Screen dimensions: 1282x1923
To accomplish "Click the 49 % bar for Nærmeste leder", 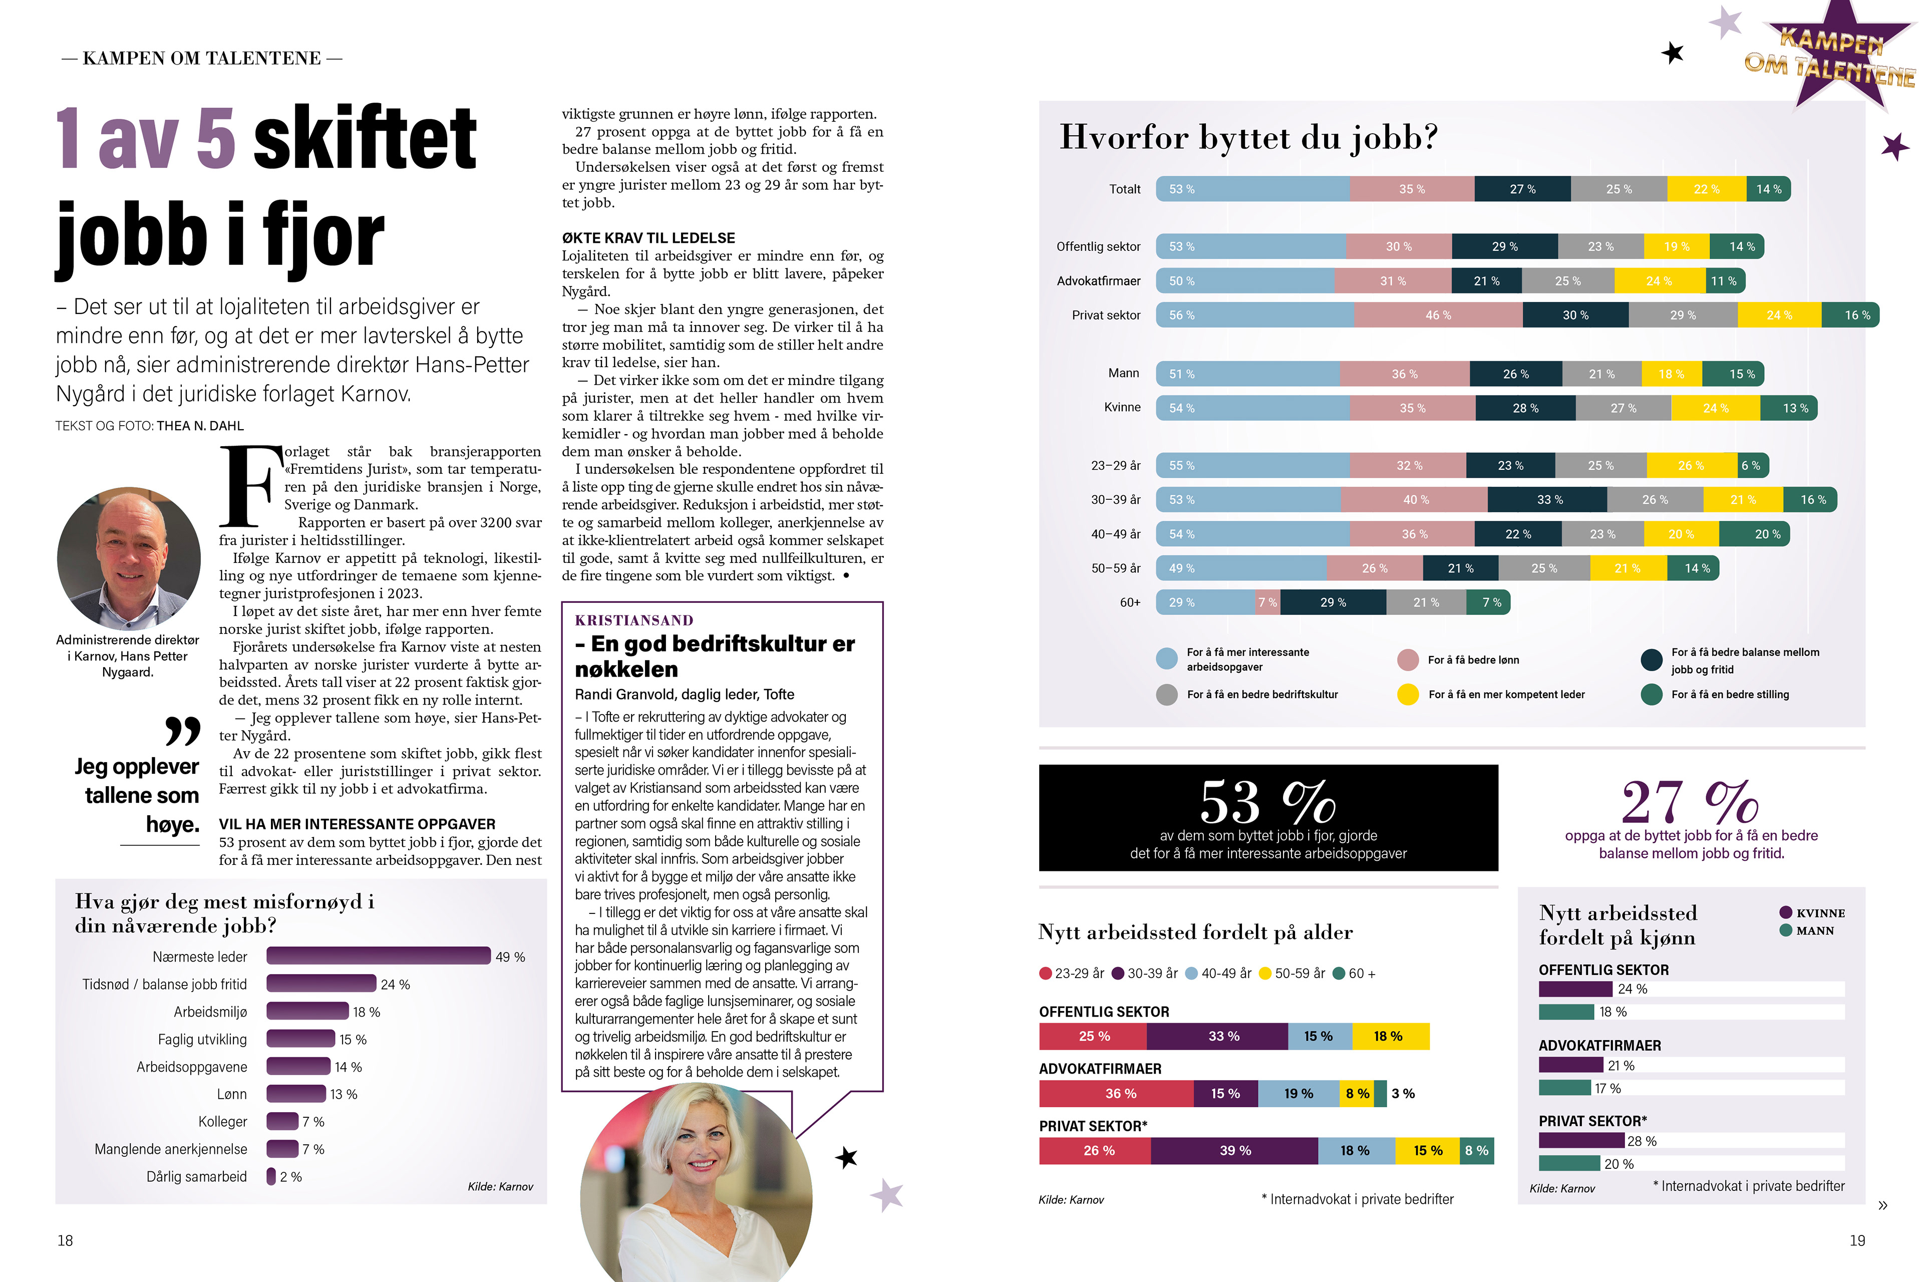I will click(x=378, y=956).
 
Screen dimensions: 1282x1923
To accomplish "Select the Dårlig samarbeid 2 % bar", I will click(x=270, y=1176).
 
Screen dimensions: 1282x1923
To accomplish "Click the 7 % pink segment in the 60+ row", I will click(x=1267, y=602).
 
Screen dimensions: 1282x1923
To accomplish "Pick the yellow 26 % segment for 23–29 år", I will click(x=1691, y=465).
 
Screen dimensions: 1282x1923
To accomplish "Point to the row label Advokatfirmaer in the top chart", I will click(x=1098, y=280).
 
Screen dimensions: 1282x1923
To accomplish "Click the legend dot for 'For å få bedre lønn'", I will click(x=1407, y=660).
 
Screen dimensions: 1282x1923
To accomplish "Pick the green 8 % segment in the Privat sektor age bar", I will click(x=1477, y=1150).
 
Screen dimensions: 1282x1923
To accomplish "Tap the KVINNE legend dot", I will click(x=1786, y=912).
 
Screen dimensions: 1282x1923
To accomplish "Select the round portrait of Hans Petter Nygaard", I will click(x=128, y=558).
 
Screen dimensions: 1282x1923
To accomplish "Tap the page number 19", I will click(x=1857, y=1240).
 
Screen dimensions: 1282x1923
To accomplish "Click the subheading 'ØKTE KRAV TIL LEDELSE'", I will click(x=649, y=238).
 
